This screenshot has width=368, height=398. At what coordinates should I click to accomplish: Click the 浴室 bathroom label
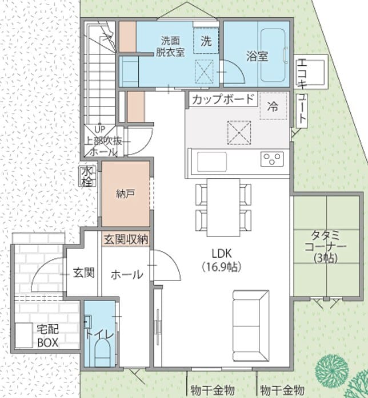(x=257, y=56)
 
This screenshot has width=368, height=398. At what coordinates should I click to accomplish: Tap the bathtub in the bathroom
(x=274, y=55)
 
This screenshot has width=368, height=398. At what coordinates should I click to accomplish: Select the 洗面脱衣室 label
(x=170, y=46)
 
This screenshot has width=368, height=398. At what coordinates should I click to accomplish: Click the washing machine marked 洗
(x=206, y=41)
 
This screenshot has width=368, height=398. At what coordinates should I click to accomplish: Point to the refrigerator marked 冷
(x=273, y=106)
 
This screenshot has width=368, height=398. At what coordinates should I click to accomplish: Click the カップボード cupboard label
(x=223, y=99)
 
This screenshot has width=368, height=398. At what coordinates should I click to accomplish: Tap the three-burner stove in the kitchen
(x=272, y=159)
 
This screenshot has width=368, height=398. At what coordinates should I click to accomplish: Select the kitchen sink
(x=212, y=161)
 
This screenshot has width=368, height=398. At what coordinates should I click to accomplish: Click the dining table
(x=223, y=207)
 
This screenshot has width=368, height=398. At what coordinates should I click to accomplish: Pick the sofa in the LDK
(x=251, y=325)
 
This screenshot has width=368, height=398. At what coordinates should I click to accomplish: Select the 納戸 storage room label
(x=125, y=194)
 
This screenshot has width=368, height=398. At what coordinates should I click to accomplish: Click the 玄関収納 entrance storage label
(x=126, y=239)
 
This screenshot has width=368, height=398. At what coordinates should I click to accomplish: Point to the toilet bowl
(x=102, y=352)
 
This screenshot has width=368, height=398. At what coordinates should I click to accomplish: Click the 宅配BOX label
(x=48, y=336)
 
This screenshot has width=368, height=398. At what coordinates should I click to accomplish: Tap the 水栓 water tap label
(x=87, y=176)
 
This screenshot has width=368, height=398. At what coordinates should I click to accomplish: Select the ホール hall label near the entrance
(x=127, y=274)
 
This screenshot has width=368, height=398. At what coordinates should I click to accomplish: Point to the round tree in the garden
(x=332, y=370)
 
